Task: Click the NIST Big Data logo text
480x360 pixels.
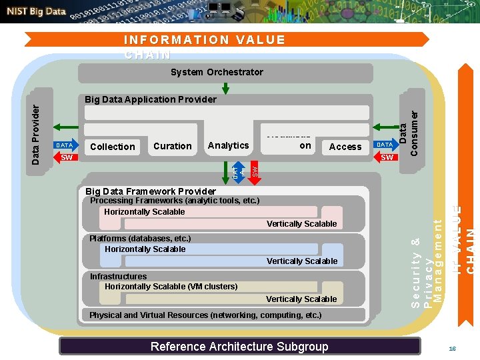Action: [37, 11]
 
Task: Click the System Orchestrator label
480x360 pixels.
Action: [217, 72]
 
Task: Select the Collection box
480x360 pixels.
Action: [113, 147]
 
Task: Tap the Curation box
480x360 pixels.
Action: [173, 146]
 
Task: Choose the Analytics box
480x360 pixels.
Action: [228, 145]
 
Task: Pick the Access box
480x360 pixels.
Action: [345, 147]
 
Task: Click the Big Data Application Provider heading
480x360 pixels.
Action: [151, 99]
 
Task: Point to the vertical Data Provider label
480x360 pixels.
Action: [38, 129]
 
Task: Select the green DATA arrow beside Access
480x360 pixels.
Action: [385, 145]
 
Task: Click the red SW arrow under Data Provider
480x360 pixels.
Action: [65, 158]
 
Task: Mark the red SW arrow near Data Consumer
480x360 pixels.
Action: [387, 158]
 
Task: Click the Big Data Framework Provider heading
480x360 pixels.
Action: [150, 191]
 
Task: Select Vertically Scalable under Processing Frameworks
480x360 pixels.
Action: [301, 224]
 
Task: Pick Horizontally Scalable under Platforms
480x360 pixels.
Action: [145, 249]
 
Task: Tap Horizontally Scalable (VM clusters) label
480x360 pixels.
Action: [171, 287]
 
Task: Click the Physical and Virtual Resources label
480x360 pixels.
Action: [205, 315]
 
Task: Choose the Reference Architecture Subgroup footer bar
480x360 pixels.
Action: [239, 346]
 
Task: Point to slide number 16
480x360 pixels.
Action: [452, 349]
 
